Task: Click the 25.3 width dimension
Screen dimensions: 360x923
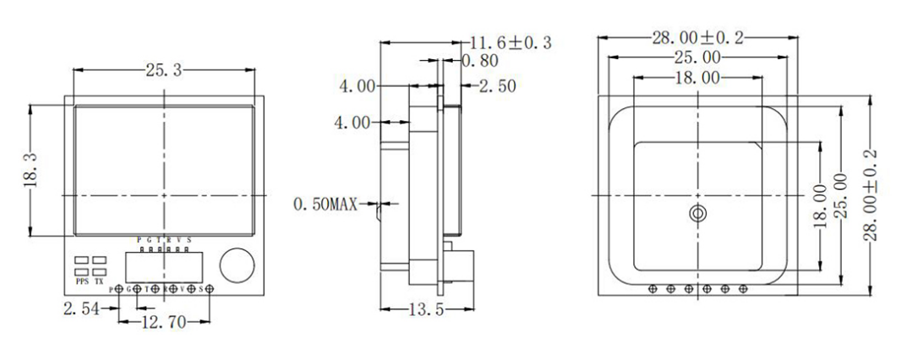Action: click(x=164, y=72)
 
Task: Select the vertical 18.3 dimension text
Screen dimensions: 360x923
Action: click(x=30, y=172)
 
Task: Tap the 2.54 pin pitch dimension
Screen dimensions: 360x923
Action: click(x=80, y=309)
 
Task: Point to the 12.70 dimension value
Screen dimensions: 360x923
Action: click(x=163, y=321)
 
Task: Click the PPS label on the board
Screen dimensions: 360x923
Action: click(x=83, y=281)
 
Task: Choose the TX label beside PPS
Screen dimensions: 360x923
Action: click(x=100, y=281)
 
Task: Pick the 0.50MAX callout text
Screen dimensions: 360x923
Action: click(x=325, y=204)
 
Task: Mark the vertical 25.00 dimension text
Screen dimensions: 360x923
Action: click(x=840, y=194)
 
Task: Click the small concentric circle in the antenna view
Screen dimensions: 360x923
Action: click(x=696, y=214)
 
